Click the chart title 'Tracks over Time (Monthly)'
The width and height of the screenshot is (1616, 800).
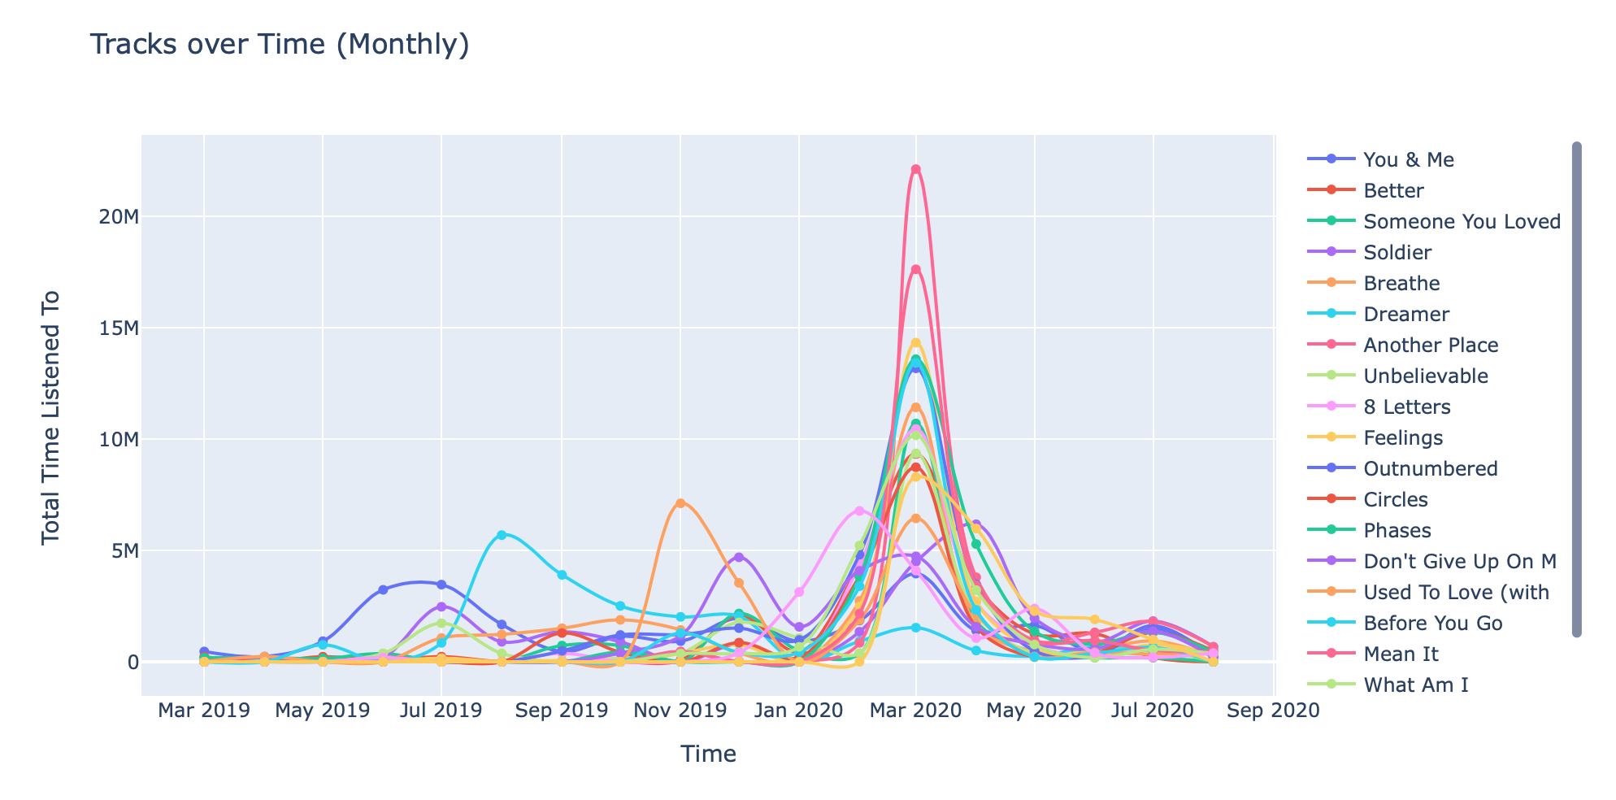coord(280,45)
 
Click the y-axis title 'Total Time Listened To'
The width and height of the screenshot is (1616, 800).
coord(51,416)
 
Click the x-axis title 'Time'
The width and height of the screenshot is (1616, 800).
coord(708,754)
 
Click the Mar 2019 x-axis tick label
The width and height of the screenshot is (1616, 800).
coord(203,711)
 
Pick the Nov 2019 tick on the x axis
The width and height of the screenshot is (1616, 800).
coord(680,711)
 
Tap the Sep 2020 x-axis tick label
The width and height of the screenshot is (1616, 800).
coord(1273,711)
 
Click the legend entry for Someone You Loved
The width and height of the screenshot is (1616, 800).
coord(1462,222)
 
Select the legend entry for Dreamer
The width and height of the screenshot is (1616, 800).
coord(1406,315)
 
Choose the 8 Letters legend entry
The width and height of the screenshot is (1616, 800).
coord(1406,407)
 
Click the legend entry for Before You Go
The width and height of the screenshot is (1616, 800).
coord(1432,624)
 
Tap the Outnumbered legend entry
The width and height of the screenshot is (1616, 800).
coord(1430,469)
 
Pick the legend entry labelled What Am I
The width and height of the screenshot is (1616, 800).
coord(1415,685)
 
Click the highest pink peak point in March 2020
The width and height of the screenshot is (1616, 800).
coord(916,169)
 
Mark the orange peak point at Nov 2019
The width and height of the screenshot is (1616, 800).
coord(680,503)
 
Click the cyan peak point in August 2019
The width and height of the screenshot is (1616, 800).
coord(502,535)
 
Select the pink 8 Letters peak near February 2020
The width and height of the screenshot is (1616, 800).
coord(859,511)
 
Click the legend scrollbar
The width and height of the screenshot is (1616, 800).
coord(1576,389)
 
